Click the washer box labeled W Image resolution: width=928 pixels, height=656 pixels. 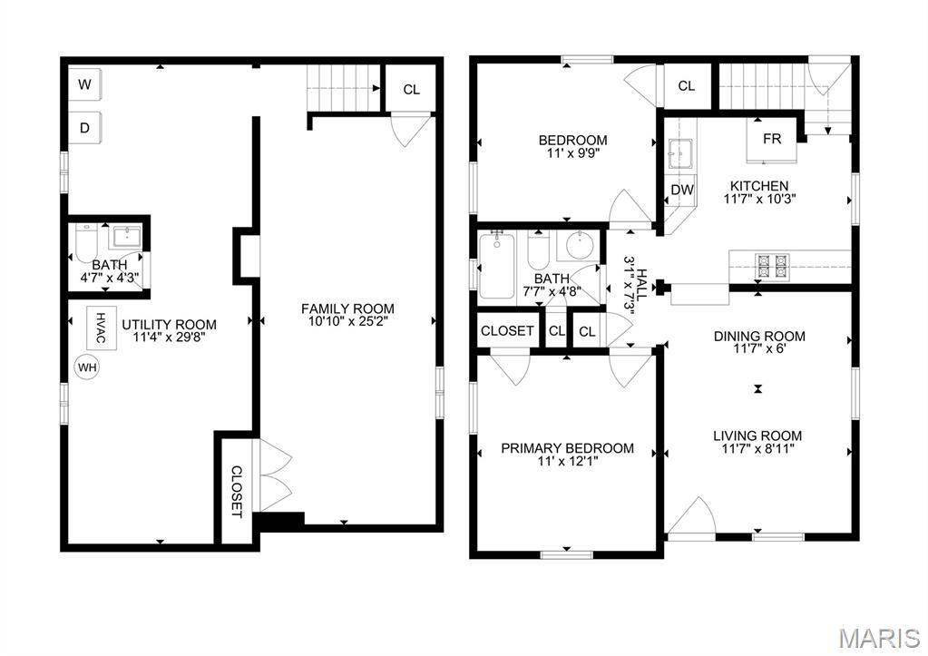coord(85,85)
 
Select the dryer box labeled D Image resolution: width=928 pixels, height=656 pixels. coord(85,128)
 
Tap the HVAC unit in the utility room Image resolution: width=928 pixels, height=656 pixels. coord(101,327)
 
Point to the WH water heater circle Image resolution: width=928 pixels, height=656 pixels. coord(87,367)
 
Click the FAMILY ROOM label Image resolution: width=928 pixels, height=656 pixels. coord(347,309)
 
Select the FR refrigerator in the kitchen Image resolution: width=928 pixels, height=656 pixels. coord(771,140)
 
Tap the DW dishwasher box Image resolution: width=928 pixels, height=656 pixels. coord(682,190)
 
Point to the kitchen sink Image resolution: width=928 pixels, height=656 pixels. coord(680,155)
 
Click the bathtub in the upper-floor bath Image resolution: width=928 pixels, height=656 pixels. coord(496,266)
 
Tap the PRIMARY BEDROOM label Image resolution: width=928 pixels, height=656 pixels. coord(567,448)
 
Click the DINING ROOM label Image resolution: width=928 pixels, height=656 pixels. coord(759,337)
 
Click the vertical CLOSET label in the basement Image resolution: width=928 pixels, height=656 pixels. coord(236,491)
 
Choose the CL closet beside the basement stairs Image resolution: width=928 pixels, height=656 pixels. coord(412,89)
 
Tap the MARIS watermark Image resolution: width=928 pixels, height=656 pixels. coord(878,638)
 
